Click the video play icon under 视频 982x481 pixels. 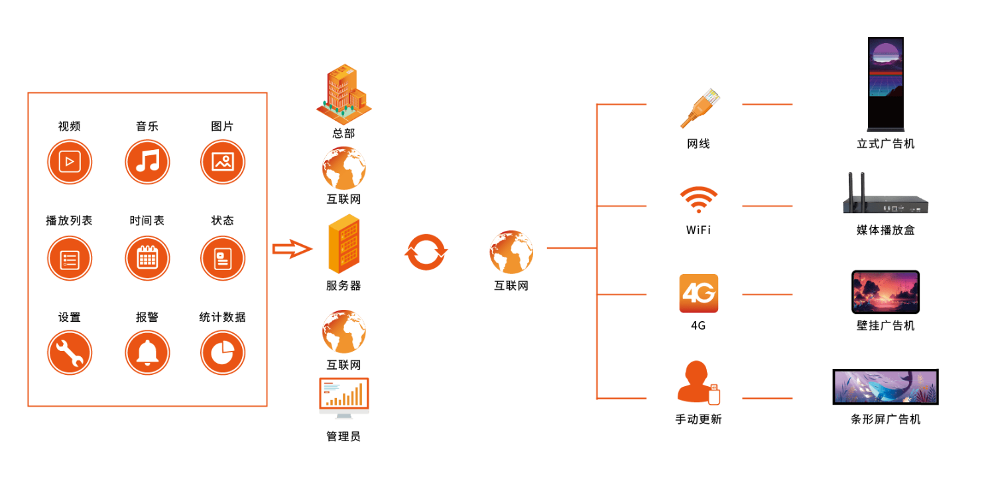point(70,162)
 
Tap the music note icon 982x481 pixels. point(147,162)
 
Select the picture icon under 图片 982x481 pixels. point(223,162)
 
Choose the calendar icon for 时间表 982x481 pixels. point(147,258)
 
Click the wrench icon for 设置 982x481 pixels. point(70,352)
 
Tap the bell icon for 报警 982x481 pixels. point(147,352)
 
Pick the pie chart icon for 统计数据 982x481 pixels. point(223,352)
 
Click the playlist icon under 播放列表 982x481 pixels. point(70,258)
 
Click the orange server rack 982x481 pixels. point(343,245)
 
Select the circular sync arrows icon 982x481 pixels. point(426,252)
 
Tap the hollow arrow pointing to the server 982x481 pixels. point(292,249)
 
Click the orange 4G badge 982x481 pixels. point(698,293)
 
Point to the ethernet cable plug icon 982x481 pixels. point(700,107)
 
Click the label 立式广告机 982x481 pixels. point(885,144)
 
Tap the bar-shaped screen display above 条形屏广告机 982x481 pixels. point(885,387)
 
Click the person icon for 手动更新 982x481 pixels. point(696,382)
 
